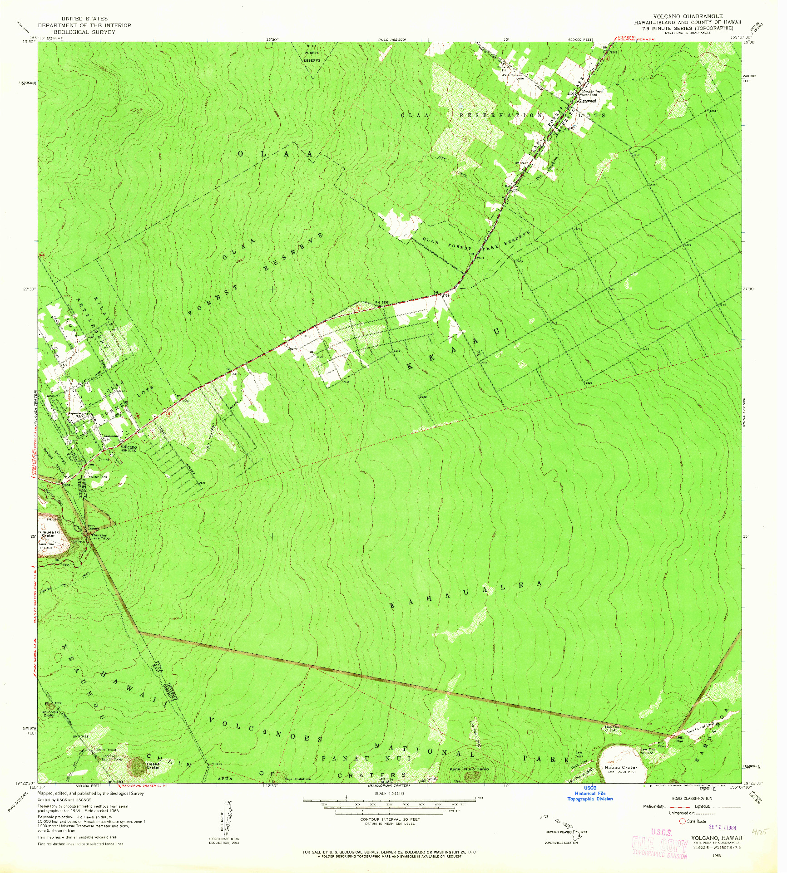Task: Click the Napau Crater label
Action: coord(620,768)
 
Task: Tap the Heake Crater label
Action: coord(153,765)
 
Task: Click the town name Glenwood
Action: coord(587,101)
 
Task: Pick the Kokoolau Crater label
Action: coord(49,714)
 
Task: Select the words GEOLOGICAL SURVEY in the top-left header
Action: coord(84,32)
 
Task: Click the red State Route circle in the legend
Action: coord(682,821)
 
